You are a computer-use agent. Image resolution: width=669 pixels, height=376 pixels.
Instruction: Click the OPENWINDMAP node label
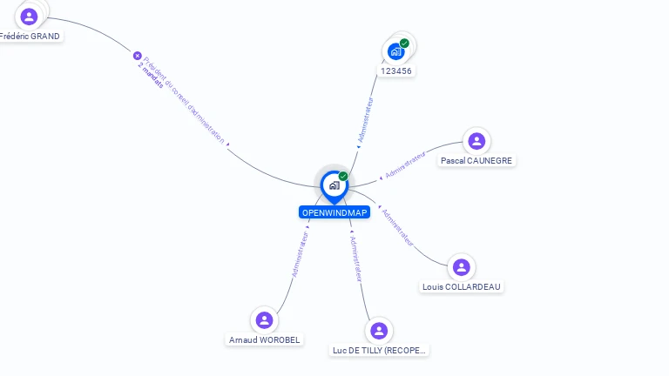(x=334, y=212)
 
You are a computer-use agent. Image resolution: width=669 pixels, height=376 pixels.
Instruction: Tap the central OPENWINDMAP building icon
(x=334, y=185)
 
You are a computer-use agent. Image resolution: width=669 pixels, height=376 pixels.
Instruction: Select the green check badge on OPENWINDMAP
(x=343, y=176)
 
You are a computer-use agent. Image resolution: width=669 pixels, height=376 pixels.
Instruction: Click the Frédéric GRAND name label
(x=30, y=37)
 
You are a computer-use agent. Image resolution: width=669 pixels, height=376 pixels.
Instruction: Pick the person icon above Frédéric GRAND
(x=29, y=16)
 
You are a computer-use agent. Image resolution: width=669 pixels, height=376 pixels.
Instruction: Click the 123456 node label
(x=396, y=70)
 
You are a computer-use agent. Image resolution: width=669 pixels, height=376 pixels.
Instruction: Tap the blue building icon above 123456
(x=395, y=51)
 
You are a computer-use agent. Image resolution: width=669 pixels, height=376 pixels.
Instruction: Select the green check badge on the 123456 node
(x=404, y=43)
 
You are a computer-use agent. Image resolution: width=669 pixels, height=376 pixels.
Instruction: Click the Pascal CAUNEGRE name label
(x=476, y=160)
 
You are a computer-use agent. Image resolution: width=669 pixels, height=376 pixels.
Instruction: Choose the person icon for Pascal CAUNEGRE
(x=476, y=140)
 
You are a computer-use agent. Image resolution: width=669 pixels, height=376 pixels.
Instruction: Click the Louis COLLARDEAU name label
(x=462, y=286)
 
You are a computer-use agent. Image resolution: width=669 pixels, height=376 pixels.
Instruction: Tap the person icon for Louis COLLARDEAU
(x=462, y=266)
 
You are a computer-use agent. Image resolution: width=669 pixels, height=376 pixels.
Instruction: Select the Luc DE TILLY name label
(x=379, y=350)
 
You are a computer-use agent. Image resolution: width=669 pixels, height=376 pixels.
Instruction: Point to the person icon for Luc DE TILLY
(x=378, y=330)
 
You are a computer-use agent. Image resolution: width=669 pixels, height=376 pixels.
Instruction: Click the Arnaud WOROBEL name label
(x=264, y=339)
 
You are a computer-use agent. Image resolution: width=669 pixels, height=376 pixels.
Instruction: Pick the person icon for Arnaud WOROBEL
(x=265, y=319)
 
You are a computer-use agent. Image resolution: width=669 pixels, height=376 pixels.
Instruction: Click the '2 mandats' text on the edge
(x=151, y=77)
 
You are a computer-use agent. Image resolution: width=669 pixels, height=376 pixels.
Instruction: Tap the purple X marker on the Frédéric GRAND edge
(x=137, y=56)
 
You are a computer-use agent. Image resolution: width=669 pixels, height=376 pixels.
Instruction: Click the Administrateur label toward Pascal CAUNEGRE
(x=405, y=165)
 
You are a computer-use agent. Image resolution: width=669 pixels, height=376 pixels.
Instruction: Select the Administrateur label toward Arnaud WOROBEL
(x=301, y=253)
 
